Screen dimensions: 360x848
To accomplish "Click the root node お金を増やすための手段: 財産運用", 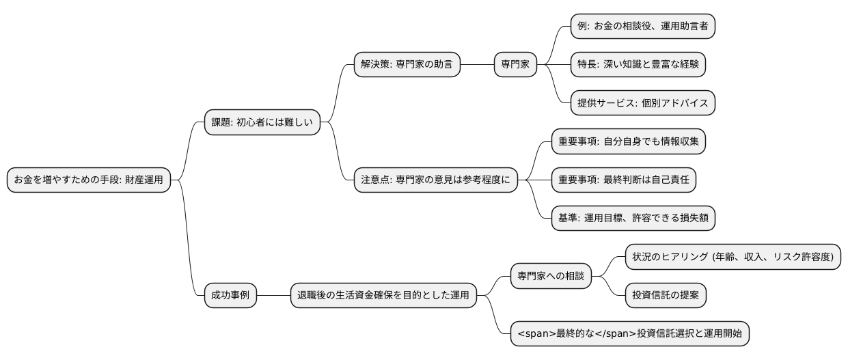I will (89, 180).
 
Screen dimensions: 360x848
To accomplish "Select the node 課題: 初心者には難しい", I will (262, 123).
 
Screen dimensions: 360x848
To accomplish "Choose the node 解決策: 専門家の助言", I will (407, 65).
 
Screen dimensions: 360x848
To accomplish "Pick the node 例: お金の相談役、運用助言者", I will (642, 26).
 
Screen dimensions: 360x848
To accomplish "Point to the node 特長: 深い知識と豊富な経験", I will (638, 65).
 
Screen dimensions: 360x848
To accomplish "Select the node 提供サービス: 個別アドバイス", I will (642, 103).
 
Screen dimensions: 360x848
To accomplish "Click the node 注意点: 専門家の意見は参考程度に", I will (435, 180).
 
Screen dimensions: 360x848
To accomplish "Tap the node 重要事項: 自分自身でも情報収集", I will (628, 141).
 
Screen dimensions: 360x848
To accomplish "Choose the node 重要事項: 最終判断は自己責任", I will (623, 180).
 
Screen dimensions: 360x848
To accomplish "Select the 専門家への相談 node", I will (551, 276).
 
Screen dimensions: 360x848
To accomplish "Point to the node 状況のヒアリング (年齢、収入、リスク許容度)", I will (733, 257).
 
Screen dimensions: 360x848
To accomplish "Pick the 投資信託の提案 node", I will (666, 295).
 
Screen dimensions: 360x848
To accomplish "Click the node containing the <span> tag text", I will (630, 334).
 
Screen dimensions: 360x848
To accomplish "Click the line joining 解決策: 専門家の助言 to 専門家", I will (477, 65).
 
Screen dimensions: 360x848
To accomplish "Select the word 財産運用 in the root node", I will (144, 180).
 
